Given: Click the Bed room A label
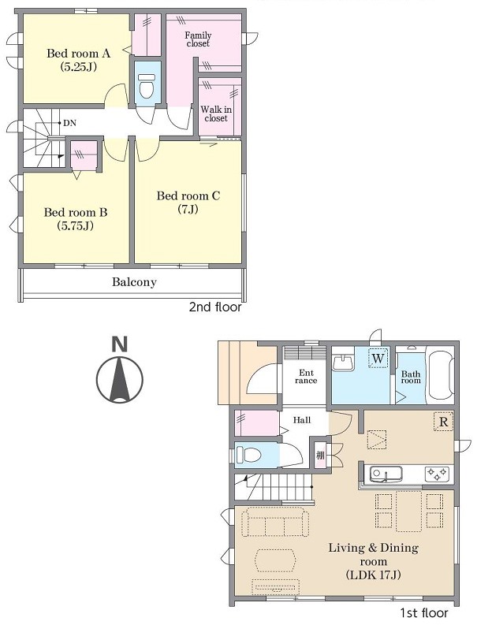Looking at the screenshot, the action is [x=78, y=53].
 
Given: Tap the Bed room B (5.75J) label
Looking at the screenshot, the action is [x=76, y=219].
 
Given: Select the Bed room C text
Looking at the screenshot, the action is [x=188, y=195].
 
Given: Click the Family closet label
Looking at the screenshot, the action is [x=198, y=39].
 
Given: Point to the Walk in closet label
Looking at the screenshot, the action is [x=216, y=113].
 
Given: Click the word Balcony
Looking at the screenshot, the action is [x=134, y=282].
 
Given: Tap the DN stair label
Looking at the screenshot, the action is [x=69, y=123].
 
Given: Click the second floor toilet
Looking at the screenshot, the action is [x=147, y=85].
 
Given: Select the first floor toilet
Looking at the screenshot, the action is [x=248, y=454].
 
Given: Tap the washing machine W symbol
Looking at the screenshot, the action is [x=378, y=358].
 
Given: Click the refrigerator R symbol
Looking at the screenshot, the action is [x=444, y=422].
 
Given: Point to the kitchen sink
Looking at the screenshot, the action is [x=386, y=474].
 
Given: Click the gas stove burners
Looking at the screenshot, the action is [x=438, y=474].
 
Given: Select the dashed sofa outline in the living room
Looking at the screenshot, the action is [x=275, y=522].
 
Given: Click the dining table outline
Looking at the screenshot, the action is [x=408, y=512].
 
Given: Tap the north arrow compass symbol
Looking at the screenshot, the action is [x=120, y=379].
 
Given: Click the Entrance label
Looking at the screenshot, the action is [x=306, y=377].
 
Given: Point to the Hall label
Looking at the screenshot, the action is [x=301, y=420].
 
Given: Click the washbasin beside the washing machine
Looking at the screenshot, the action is [x=343, y=361].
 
